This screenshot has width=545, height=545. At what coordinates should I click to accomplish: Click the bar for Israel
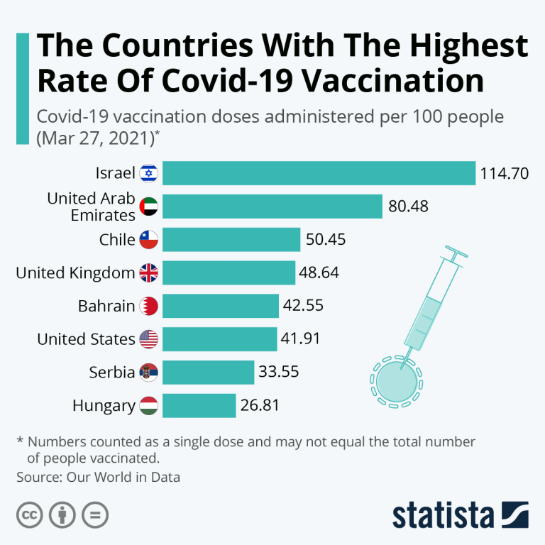[x=319, y=173]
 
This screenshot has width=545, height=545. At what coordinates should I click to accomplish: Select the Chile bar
[x=231, y=239]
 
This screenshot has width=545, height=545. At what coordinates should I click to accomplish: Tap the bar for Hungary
[x=199, y=406]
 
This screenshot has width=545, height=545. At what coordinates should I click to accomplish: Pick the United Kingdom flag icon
[x=149, y=272]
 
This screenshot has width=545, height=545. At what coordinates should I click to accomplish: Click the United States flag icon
[x=149, y=339]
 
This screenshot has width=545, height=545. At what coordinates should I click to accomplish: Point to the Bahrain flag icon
[x=149, y=306]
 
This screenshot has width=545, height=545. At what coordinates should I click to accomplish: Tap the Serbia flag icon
[x=149, y=372]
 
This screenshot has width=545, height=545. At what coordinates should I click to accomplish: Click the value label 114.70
[x=505, y=173]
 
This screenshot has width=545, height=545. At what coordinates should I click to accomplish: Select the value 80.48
[x=409, y=207]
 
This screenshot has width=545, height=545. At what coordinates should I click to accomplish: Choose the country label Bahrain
[x=106, y=306]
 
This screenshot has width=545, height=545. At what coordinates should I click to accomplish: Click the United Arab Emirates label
[x=91, y=207]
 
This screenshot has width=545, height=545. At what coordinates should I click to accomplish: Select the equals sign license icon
[x=94, y=514]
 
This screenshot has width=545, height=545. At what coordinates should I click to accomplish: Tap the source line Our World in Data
[x=99, y=478]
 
